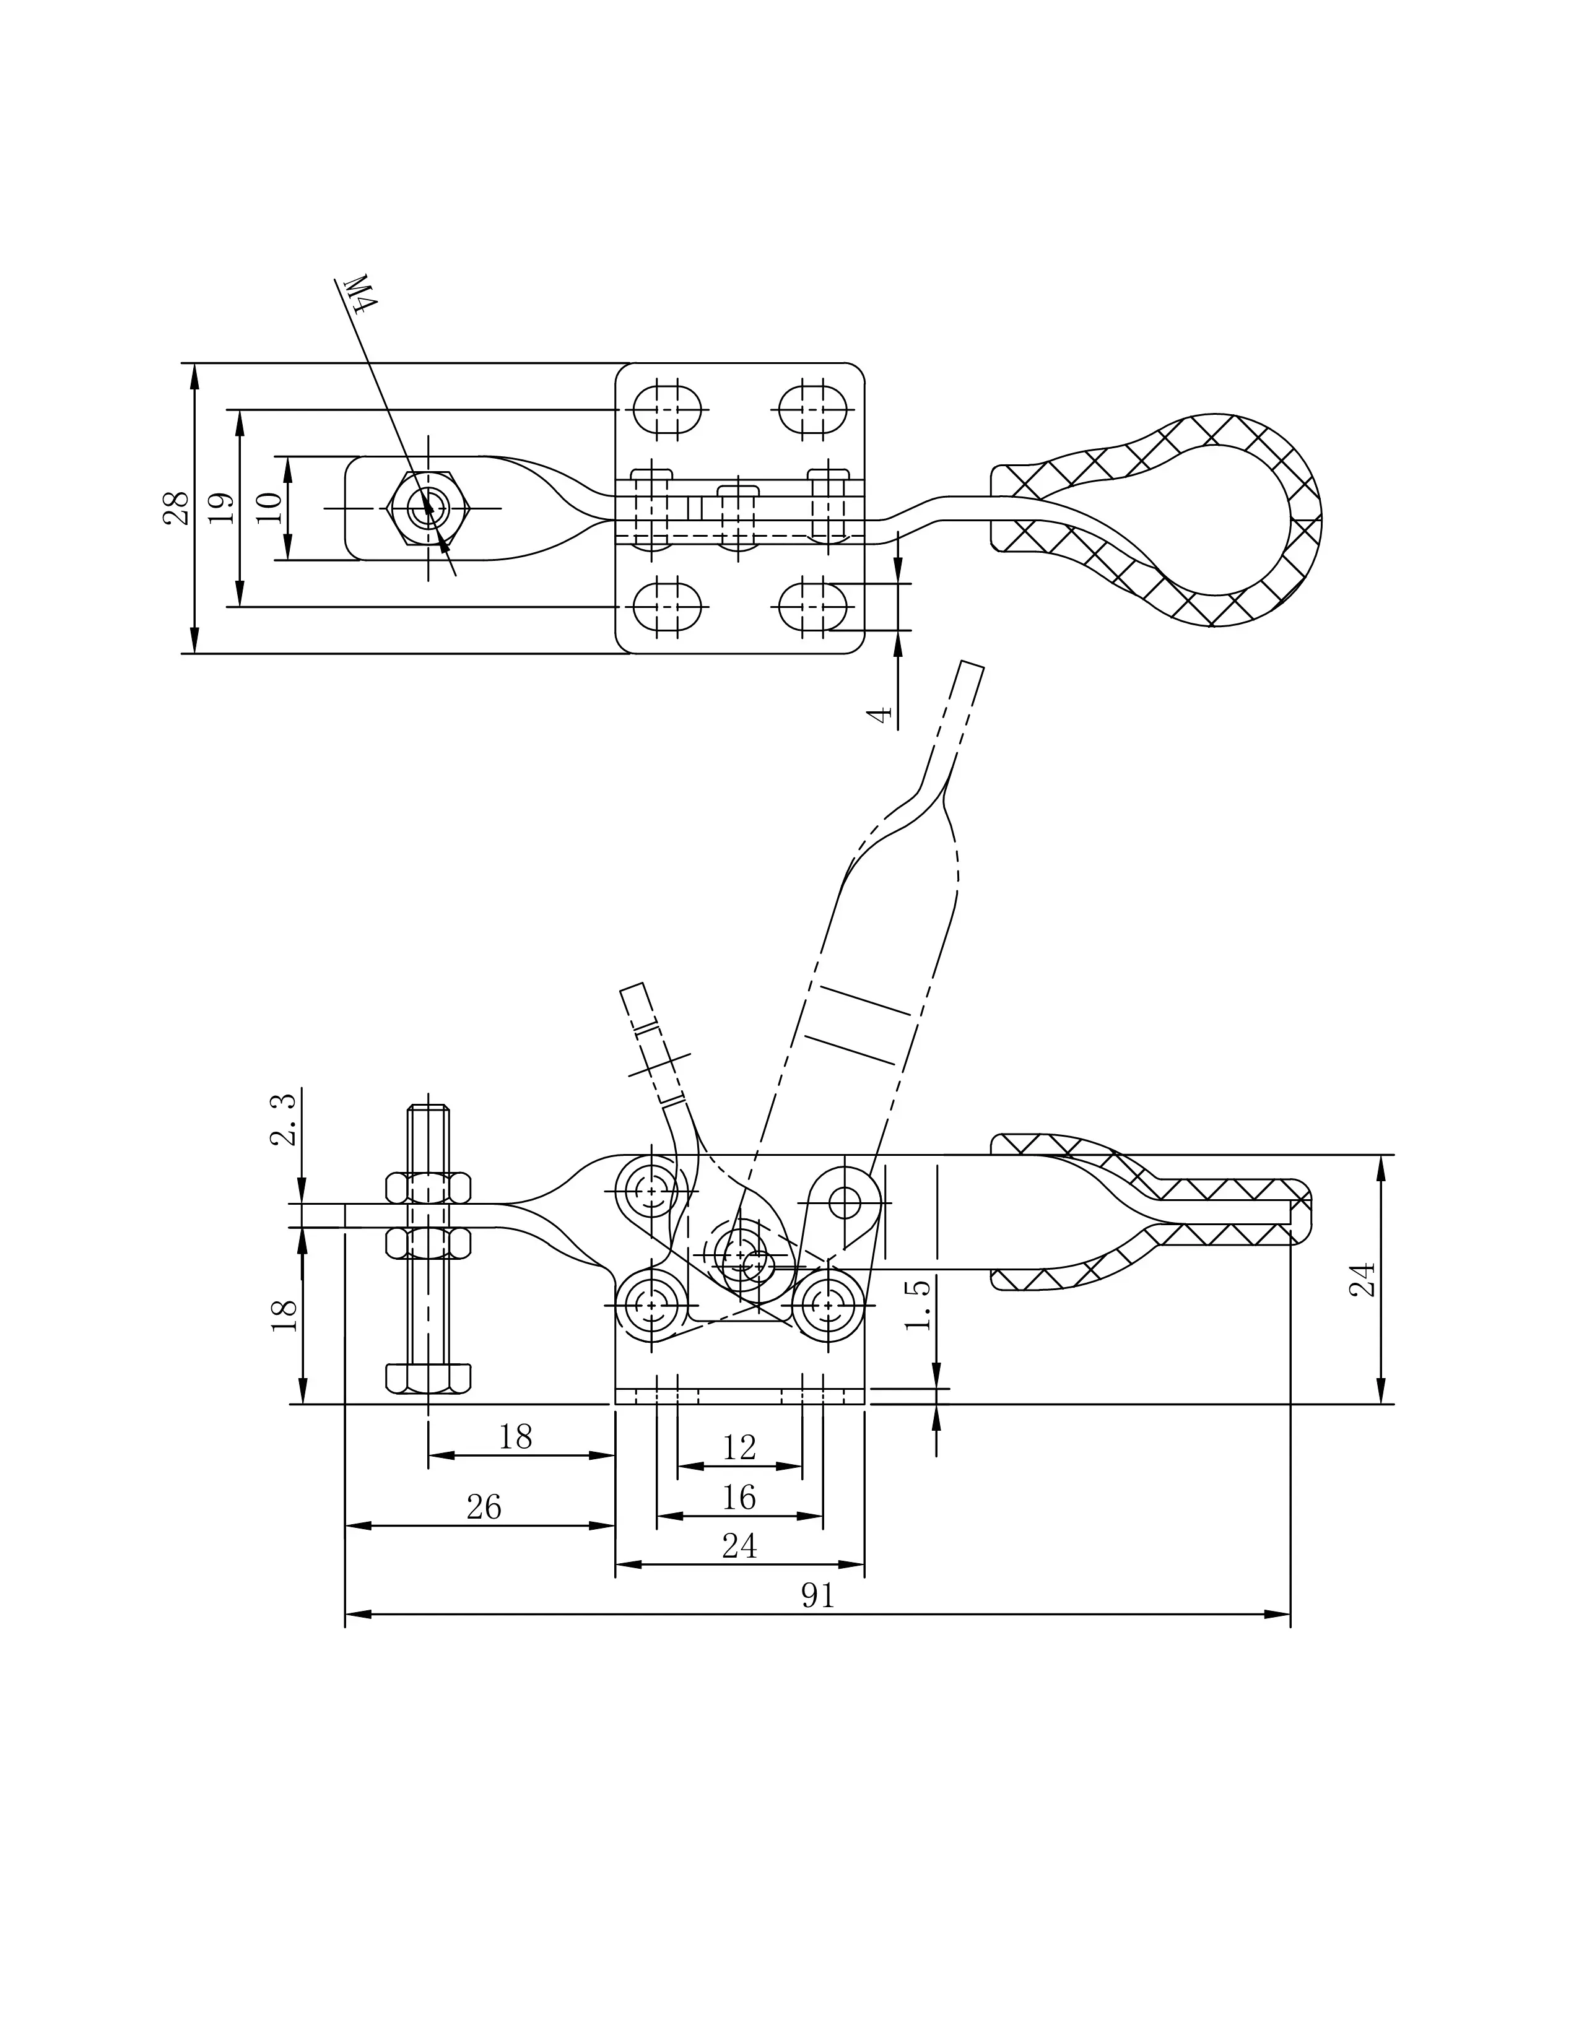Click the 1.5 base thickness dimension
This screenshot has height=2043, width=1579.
click(920, 1305)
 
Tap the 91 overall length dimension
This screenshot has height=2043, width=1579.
click(817, 1596)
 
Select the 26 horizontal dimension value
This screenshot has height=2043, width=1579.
click(484, 1507)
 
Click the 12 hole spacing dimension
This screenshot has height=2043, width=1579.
click(739, 1448)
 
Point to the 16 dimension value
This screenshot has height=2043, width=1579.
click(739, 1498)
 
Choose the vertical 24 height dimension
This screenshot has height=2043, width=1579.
click(1364, 1280)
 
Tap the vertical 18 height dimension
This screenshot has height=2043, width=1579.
click(284, 1315)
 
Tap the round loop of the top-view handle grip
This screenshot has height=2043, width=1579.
click(1216, 520)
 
